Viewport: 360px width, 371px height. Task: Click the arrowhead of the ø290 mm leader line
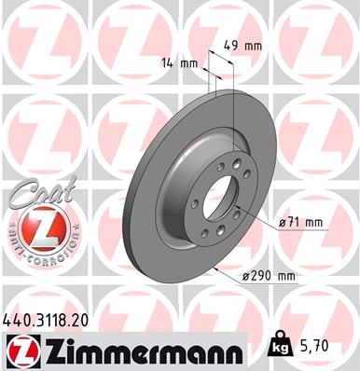pos(214,267)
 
